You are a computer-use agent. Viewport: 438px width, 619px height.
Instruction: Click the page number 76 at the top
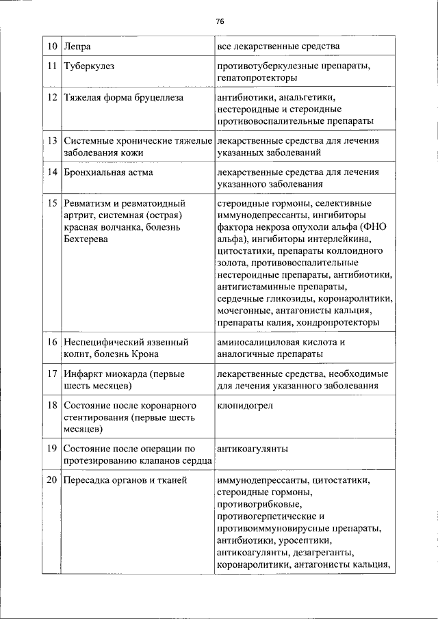(220, 21)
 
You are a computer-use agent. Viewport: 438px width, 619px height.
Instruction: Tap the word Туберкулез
(89, 67)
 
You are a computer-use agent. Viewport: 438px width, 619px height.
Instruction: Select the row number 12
(52, 98)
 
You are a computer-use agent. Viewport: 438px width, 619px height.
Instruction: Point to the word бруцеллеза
(159, 98)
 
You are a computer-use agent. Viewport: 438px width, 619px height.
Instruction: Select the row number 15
(52, 203)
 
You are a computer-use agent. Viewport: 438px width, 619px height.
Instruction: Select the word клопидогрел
(244, 405)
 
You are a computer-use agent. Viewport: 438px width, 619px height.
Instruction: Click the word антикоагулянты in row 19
(252, 449)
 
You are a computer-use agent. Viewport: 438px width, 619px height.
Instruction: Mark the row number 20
(52, 480)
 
